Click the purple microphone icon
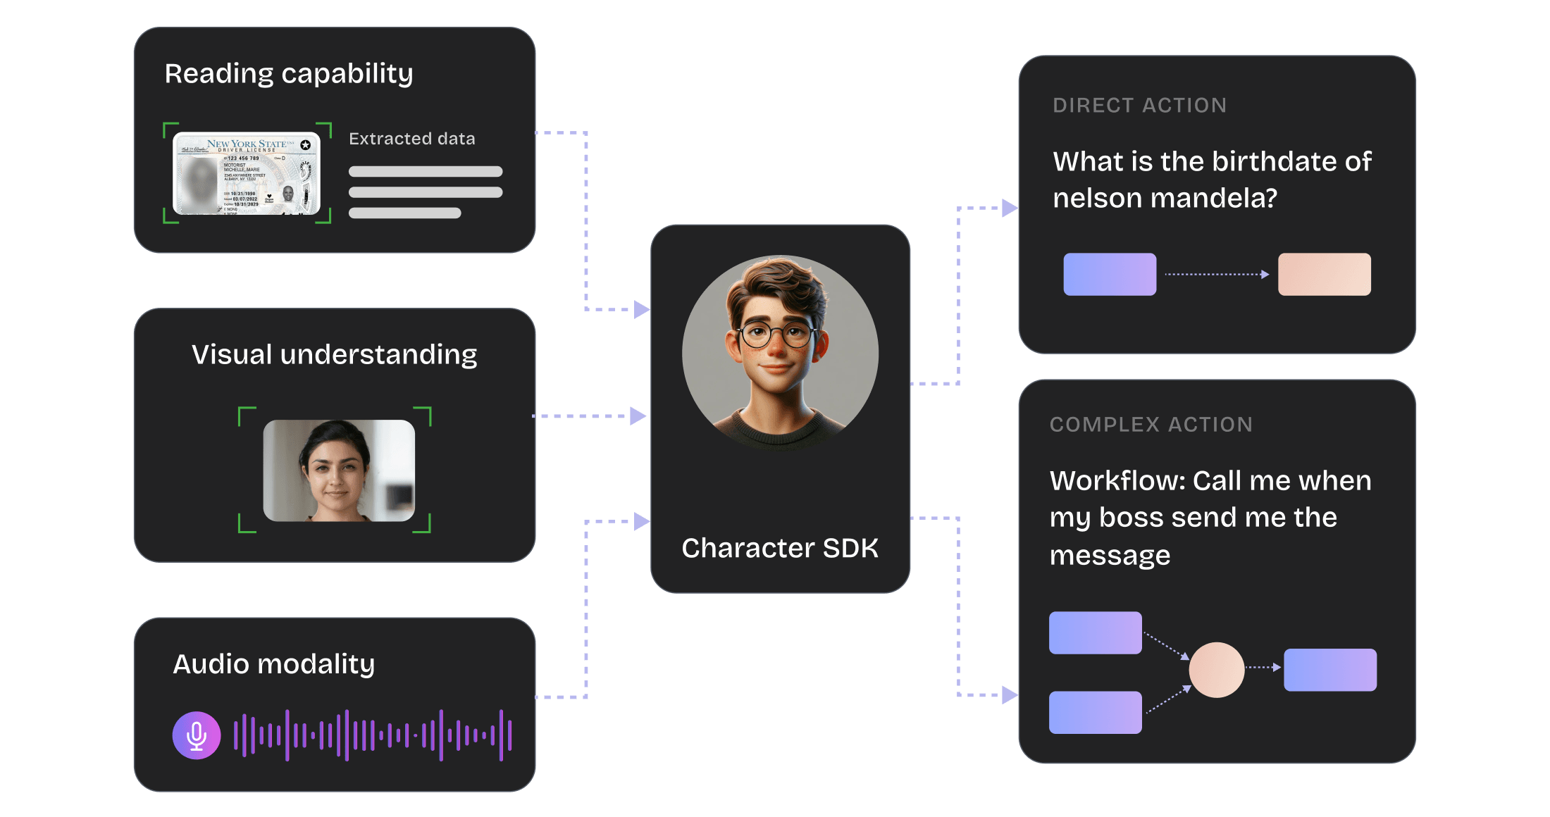(x=197, y=735)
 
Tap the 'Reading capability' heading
(x=289, y=74)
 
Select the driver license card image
(x=247, y=173)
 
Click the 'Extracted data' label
(x=412, y=139)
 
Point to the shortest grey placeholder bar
(x=404, y=213)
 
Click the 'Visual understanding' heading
(x=335, y=354)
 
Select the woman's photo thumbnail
(x=339, y=470)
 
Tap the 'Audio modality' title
(x=274, y=664)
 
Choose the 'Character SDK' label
(x=780, y=548)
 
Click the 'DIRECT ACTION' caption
(x=1139, y=106)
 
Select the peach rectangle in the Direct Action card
(x=1324, y=274)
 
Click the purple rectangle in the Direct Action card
(x=1110, y=274)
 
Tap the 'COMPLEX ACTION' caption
(x=1151, y=425)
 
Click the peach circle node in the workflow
(x=1217, y=670)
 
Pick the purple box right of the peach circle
(x=1329, y=670)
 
